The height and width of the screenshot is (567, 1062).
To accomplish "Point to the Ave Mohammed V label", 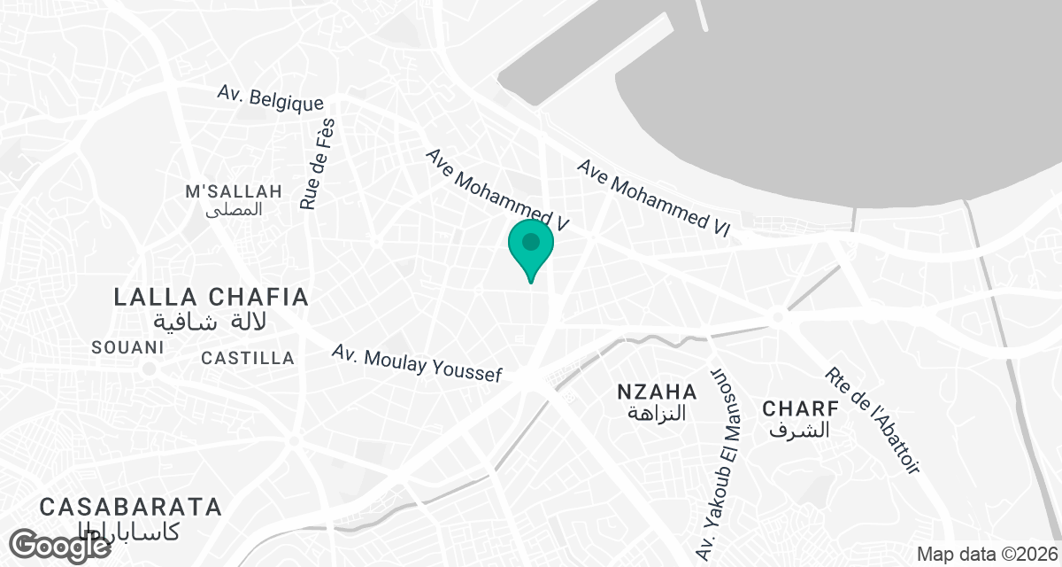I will tap(496, 190).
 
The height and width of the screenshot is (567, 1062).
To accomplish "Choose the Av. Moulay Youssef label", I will tap(417, 363).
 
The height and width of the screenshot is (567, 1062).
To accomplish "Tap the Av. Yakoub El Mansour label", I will tap(719, 461).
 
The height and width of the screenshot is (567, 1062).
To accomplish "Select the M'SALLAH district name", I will tap(234, 191).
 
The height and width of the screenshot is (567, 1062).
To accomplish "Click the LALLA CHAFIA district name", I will tap(212, 297).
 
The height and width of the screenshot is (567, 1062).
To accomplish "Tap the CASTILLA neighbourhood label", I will tap(248, 358).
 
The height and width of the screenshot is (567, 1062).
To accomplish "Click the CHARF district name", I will tap(800, 408).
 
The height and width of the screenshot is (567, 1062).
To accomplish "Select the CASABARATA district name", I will tap(130, 507).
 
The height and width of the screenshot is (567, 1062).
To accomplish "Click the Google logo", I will tap(62, 545).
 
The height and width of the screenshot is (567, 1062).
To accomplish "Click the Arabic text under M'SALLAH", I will tap(234, 210).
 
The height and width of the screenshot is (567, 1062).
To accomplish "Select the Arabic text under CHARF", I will tap(800, 431).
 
